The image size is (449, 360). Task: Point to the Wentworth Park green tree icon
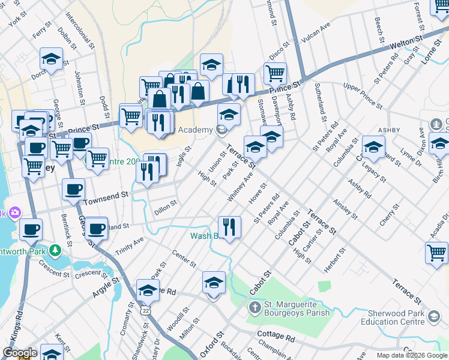click(55, 249)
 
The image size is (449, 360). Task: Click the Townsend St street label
click(107, 196)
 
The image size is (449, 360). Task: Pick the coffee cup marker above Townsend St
click(74, 189)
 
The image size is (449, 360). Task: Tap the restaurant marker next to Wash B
click(229, 227)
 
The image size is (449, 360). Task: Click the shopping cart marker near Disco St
click(275, 73)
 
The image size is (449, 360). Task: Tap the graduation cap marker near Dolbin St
click(52, 59)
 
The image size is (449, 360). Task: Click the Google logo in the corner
click(19, 353)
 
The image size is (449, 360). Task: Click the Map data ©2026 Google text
click(411, 355)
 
